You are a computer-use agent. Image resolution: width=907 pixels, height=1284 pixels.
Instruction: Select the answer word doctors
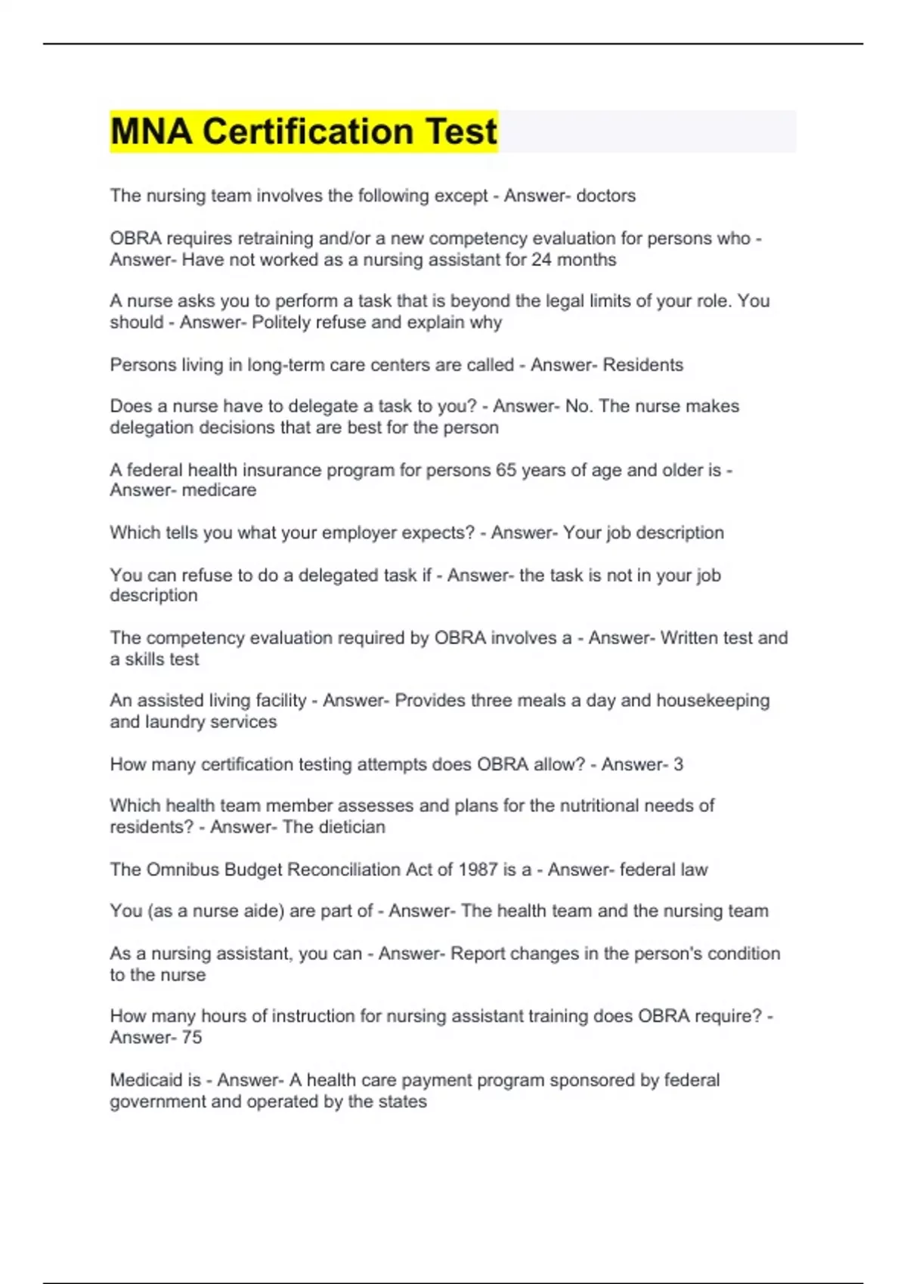pyautogui.click(x=605, y=196)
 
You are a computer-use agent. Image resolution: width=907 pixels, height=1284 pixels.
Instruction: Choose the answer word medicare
pyautogui.click(x=219, y=490)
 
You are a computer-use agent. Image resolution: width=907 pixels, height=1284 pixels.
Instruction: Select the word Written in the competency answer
pyautogui.click(x=689, y=637)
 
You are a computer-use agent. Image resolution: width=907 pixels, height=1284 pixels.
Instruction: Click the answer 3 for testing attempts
pyautogui.click(x=678, y=764)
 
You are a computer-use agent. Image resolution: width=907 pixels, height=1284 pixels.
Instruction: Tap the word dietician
pyautogui.click(x=351, y=827)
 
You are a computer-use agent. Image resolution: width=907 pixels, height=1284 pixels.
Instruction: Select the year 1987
pyautogui.click(x=478, y=869)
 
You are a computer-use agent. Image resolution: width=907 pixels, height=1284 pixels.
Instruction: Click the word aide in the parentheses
pyautogui.click(x=262, y=911)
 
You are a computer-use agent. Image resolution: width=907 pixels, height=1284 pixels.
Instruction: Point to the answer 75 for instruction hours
pyautogui.click(x=192, y=1038)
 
